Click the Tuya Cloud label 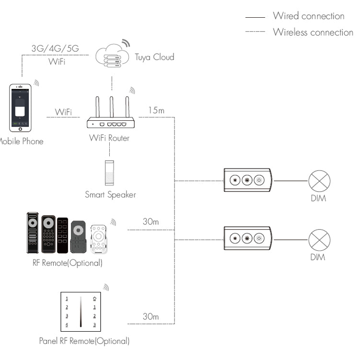tap(154, 57)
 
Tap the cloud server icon tap(112, 57)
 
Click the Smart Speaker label tap(110, 195)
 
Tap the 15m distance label tap(156, 111)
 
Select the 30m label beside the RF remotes tap(151, 222)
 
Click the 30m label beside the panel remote tap(151, 317)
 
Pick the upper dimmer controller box tap(247, 180)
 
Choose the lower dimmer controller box tap(247, 238)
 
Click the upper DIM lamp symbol tap(319, 181)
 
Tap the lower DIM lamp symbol tap(319, 239)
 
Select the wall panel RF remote tap(81, 312)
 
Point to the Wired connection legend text tap(308, 16)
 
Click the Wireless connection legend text tap(313, 32)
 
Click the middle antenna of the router tap(111, 108)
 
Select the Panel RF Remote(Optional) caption tap(84, 341)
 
